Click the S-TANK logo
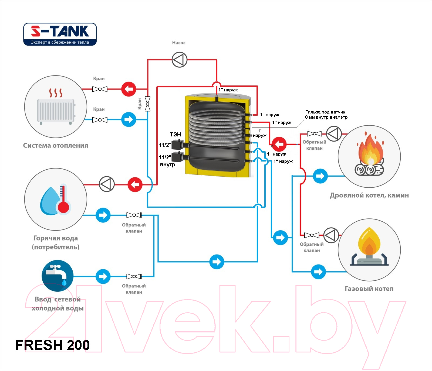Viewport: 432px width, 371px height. (x=60, y=34)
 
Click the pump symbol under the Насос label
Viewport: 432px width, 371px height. (x=180, y=60)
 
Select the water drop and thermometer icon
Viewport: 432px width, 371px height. (x=56, y=199)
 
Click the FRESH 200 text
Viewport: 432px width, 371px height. (x=52, y=345)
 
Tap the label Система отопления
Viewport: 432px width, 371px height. (x=56, y=146)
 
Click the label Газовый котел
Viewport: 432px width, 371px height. (x=369, y=289)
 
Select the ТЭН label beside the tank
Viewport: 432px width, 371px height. (x=175, y=134)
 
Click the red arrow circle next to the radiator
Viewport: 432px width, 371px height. (x=129, y=89)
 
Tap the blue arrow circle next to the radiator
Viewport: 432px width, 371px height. (x=129, y=119)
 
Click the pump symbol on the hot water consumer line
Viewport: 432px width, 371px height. (x=107, y=184)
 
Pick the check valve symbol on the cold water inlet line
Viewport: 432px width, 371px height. (x=134, y=276)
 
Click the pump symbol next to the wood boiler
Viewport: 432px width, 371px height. (x=334, y=133)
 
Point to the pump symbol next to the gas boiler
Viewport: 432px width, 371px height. (x=331, y=235)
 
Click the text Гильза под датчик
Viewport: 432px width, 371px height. (x=325, y=112)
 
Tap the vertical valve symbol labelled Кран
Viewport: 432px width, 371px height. (x=148, y=104)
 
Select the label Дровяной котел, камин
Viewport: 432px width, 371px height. (x=369, y=195)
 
